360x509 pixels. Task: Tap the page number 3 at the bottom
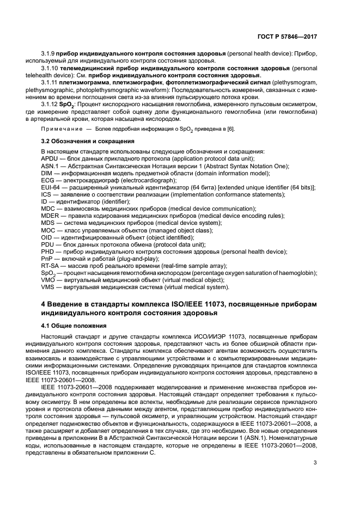coord(315,478)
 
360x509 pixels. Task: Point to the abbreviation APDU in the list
coord(51,158)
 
